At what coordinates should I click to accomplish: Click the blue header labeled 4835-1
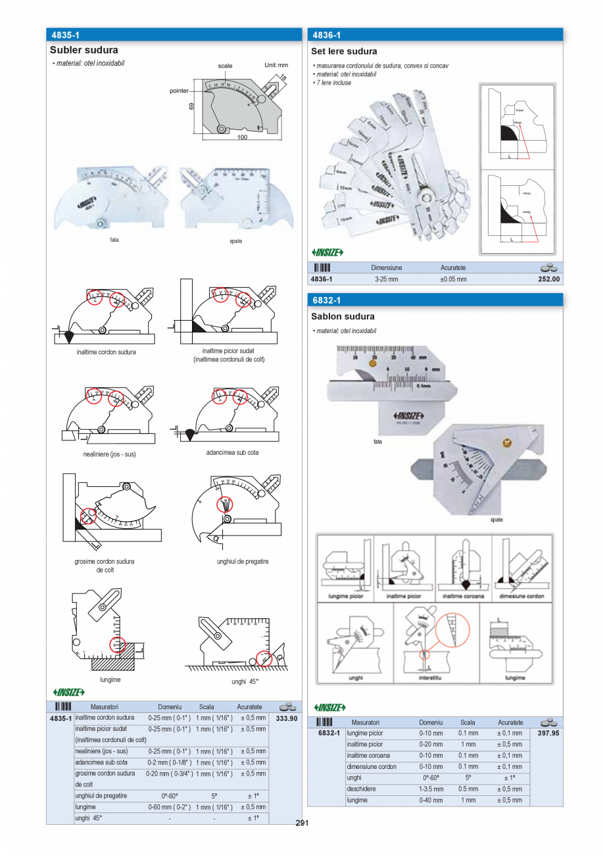174,35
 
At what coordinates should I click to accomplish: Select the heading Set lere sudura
344,51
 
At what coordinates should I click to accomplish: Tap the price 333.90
286,718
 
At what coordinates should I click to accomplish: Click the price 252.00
548,279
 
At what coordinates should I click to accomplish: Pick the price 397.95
548,733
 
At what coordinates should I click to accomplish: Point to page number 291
302,823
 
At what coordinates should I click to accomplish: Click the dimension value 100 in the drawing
243,137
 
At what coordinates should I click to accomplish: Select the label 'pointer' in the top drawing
179,90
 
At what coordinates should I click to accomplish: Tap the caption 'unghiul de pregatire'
243,562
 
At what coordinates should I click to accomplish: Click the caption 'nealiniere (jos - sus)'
106,454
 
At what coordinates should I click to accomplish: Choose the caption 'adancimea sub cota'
228,453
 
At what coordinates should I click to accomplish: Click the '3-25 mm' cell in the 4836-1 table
386,279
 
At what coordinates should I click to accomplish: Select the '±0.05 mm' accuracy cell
453,279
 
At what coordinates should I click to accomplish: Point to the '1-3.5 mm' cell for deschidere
431,789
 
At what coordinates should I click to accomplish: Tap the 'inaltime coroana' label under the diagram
463,596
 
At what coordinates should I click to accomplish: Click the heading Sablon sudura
343,316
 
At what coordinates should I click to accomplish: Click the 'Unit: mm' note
276,65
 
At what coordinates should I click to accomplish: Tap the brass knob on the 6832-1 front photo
374,362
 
